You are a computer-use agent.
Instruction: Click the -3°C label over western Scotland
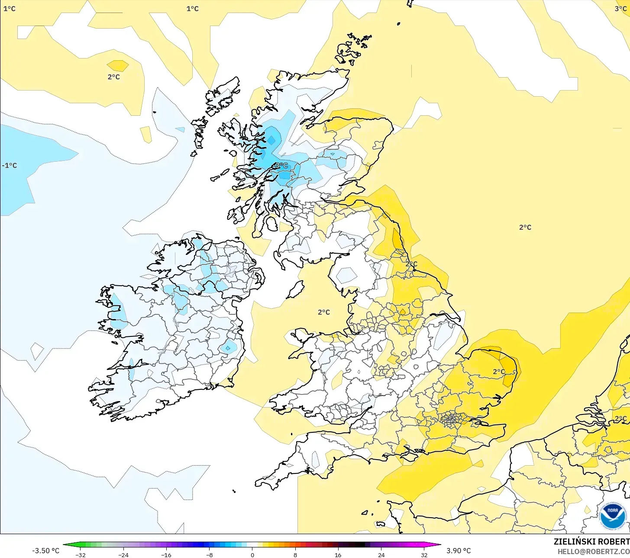281,166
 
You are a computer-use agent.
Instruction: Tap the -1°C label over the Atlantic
10,166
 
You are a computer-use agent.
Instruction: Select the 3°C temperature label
620,9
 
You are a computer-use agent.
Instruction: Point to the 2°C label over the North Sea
525,227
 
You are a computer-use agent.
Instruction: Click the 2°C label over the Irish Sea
323,312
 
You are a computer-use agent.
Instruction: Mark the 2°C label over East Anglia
498,372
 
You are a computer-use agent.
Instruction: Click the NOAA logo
613,516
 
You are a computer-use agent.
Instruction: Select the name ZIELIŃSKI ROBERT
591,542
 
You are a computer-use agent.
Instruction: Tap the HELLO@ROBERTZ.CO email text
593,551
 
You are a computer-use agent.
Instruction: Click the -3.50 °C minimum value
45,551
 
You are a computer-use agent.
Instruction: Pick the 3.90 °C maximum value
459,551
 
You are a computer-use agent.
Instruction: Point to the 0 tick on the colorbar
252,555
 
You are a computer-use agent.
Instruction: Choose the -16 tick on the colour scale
166,555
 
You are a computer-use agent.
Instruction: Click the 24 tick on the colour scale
381,555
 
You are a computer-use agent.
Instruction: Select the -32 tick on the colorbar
80,555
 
